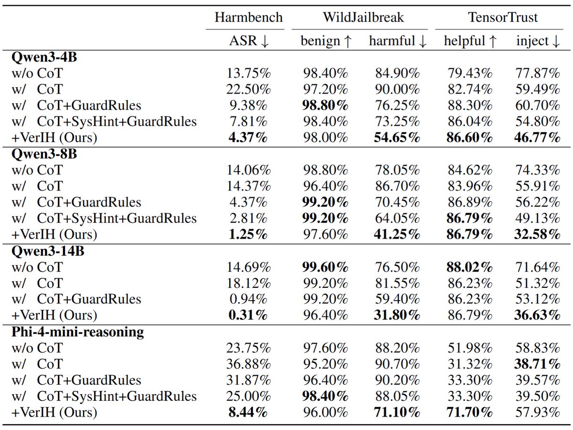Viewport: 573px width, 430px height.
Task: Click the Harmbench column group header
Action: click(248, 18)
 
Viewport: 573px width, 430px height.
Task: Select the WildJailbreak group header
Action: click(363, 18)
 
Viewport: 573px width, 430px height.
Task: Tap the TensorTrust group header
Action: click(503, 18)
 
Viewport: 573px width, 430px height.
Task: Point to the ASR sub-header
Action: click(243, 41)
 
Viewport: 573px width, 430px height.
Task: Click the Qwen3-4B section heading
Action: click(44, 57)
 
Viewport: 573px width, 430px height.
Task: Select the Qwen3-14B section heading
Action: click(48, 251)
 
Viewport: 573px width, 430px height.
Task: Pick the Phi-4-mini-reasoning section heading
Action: click(77, 332)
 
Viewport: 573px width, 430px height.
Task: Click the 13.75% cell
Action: click(248, 73)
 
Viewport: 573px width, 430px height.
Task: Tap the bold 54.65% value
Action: click(397, 138)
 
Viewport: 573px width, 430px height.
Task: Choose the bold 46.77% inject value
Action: click(537, 138)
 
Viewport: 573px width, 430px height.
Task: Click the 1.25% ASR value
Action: click(248, 235)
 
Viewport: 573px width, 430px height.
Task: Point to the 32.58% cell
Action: click(537, 235)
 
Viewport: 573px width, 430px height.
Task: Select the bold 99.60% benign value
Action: click(325, 267)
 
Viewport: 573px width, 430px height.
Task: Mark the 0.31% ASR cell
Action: click(248, 315)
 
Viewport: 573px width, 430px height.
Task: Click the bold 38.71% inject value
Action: click(537, 364)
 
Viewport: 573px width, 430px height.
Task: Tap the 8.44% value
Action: click(248, 412)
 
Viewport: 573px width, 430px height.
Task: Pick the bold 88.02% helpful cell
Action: click(469, 267)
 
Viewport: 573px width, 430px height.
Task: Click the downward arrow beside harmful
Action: click(423, 42)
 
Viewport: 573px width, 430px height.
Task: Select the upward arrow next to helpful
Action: click(493, 41)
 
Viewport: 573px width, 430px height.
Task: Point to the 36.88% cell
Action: click(248, 364)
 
